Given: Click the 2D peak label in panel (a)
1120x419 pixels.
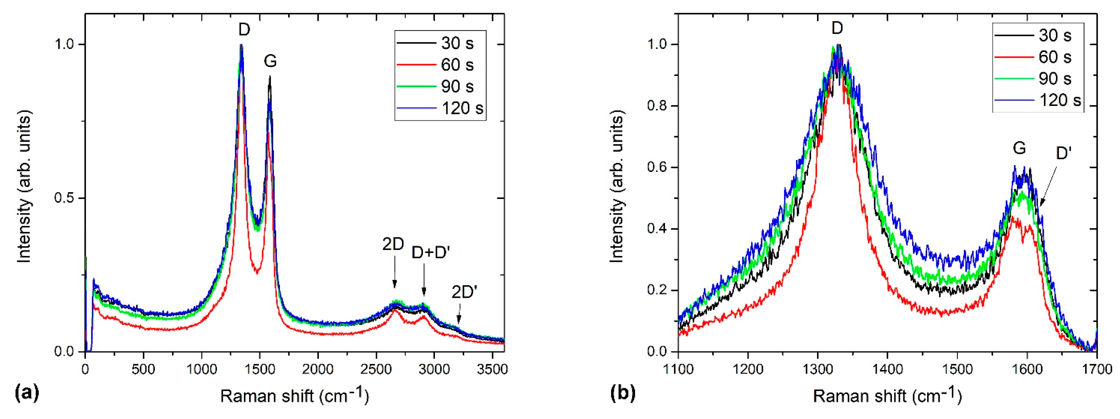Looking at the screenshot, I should pyautogui.click(x=393, y=245).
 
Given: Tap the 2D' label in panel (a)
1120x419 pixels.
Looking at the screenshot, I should pyautogui.click(x=464, y=292).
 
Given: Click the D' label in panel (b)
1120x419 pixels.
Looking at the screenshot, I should pyautogui.click(x=1063, y=153).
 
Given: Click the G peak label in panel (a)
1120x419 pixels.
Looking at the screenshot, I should pyautogui.click(x=270, y=61).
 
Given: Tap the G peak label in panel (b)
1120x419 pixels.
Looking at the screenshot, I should pyautogui.click(x=1019, y=148).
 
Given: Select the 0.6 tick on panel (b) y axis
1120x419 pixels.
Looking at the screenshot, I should pyautogui.click(x=659, y=167).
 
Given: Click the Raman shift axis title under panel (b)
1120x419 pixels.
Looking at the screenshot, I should pyautogui.click(x=887, y=396).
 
